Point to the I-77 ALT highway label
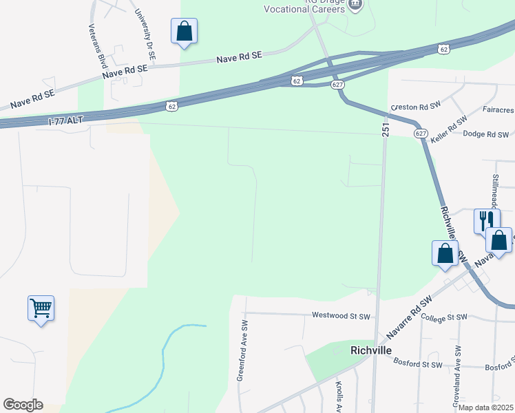pyautogui.click(x=66, y=120)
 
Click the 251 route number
pyautogui.click(x=385, y=129)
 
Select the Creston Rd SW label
pyautogui.click(x=415, y=107)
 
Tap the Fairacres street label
pyautogui.click(x=494, y=109)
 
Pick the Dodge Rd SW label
pyautogui.click(x=485, y=134)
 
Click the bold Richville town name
pyautogui.click(x=371, y=350)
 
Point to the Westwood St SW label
pyautogui.click(x=341, y=317)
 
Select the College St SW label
pyautogui.click(x=443, y=318)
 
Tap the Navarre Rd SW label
pyautogui.click(x=409, y=319)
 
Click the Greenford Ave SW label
pyautogui.click(x=242, y=350)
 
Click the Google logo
pyautogui.click(x=23, y=405)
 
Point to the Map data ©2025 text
pyautogui.click(x=485, y=407)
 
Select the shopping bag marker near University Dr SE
pyautogui.click(x=184, y=31)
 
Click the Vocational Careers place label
pyautogui.click(x=304, y=9)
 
